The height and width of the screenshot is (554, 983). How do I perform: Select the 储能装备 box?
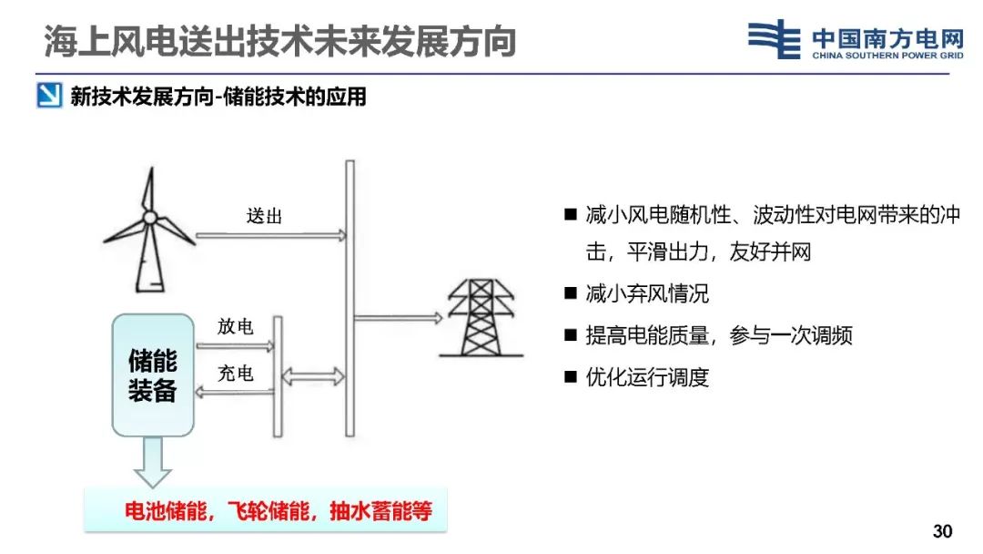pyautogui.click(x=153, y=374)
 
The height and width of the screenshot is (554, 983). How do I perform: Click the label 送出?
pyautogui.click(x=264, y=216)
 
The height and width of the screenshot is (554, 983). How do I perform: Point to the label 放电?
pyautogui.click(x=236, y=326)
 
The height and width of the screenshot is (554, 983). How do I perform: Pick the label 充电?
pyautogui.click(x=236, y=374)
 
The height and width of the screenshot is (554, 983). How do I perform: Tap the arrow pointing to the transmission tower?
pyautogui.click(x=398, y=318)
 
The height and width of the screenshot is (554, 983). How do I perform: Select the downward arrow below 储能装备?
pyautogui.click(x=153, y=461)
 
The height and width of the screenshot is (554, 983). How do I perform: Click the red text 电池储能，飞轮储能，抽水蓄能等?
pyautogui.click(x=279, y=511)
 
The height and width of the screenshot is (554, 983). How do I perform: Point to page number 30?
pyautogui.click(x=943, y=531)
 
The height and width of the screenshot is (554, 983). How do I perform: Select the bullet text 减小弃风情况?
pyautogui.click(x=647, y=293)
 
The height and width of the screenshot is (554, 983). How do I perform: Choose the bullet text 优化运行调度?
pyautogui.click(x=647, y=377)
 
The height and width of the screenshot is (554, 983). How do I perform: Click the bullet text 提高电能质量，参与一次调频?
pyautogui.click(x=719, y=335)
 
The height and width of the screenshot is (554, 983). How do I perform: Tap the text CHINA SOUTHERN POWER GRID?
pyautogui.click(x=887, y=55)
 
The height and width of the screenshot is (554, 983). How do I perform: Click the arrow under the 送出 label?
pyautogui.click(x=271, y=235)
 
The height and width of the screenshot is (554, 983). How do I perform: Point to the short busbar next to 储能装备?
pyautogui.click(x=278, y=374)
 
